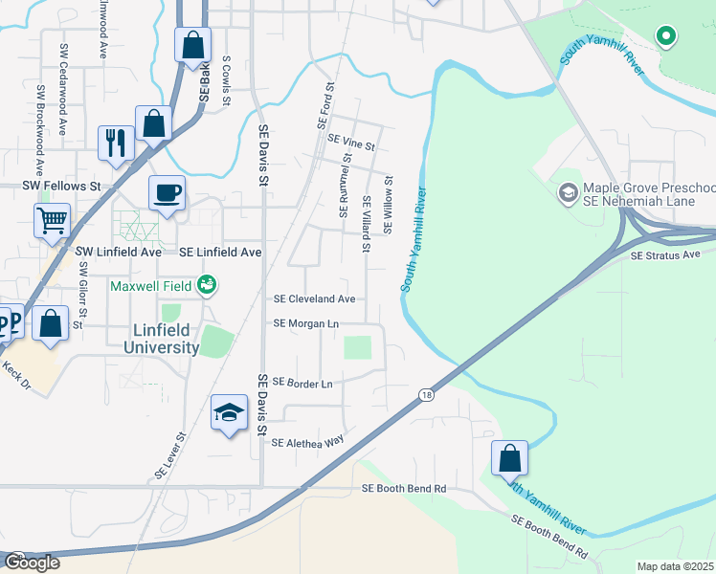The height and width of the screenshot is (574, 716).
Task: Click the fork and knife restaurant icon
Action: (116, 143)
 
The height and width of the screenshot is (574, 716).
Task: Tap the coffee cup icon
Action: (167, 193)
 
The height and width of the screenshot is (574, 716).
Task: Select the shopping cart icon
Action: (52, 220)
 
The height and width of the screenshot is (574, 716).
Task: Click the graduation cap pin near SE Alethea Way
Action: (228, 413)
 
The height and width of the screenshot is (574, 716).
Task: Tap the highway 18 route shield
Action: (424, 393)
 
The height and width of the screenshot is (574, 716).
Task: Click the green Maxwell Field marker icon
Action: (206, 284)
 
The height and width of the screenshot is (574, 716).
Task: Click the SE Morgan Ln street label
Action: (306, 324)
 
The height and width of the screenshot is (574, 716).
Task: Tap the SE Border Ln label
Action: (302, 383)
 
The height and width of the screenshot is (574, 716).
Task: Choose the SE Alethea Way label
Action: (307, 443)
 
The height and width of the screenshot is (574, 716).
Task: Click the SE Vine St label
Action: (350, 143)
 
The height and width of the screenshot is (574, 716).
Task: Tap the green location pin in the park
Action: (666, 37)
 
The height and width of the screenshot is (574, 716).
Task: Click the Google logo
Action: (32, 563)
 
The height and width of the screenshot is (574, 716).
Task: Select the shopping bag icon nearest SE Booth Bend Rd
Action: (509, 457)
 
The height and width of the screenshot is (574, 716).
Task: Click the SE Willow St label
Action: (389, 204)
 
